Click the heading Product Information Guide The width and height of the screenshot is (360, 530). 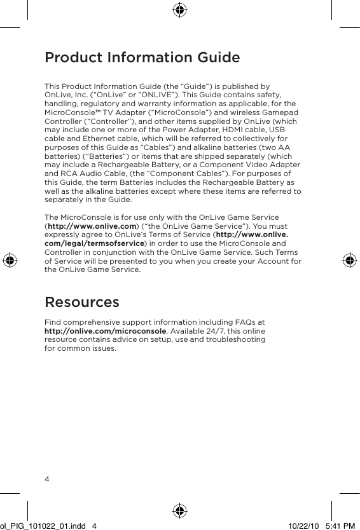(142, 58)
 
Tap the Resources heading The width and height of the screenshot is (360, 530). (81, 301)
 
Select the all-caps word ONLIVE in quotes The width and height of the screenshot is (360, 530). (142, 95)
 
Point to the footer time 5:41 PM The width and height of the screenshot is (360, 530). (340, 525)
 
